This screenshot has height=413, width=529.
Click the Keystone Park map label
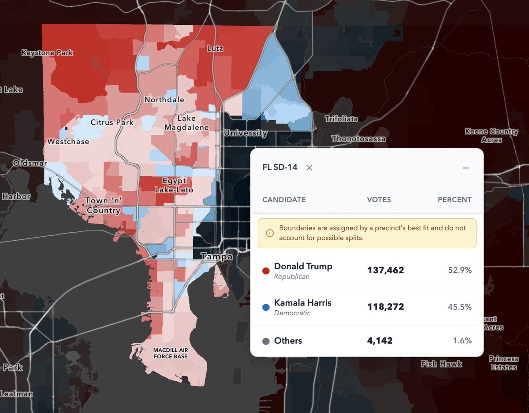click(x=47, y=53)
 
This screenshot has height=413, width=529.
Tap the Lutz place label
click(x=215, y=48)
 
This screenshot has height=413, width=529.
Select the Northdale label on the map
click(x=164, y=100)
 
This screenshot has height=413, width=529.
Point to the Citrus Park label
click(x=112, y=122)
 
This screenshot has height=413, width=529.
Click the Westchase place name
click(x=68, y=141)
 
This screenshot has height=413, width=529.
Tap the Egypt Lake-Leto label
click(x=174, y=185)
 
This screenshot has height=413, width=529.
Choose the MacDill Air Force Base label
click(x=170, y=353)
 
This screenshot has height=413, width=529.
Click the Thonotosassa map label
click(x=358, y=139)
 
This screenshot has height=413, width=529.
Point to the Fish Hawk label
click(x=441, y=364)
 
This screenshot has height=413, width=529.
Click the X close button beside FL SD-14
click(x=309, y=167)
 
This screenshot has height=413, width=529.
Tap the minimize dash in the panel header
click(x=466, y=168)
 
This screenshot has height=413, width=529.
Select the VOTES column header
click(x=379, y=200)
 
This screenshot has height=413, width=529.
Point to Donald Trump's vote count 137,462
click(x=385, y=270)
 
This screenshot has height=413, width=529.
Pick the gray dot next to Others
click(x=266, y=341)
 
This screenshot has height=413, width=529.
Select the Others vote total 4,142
click(x=380, y=341)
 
